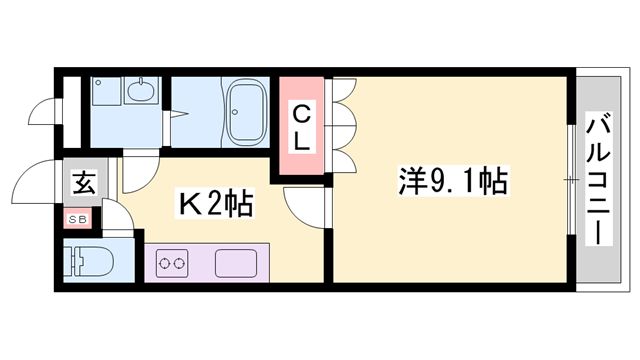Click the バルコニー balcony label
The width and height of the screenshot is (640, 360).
click(x=599, y=180)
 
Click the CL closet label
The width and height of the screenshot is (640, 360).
click(x=304, y=128)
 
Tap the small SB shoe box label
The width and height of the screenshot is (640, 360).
click(x=76, y=217)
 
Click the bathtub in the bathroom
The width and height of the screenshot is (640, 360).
click(x=245, y=113)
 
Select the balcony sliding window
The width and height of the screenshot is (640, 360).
click(x=571, y=180)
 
